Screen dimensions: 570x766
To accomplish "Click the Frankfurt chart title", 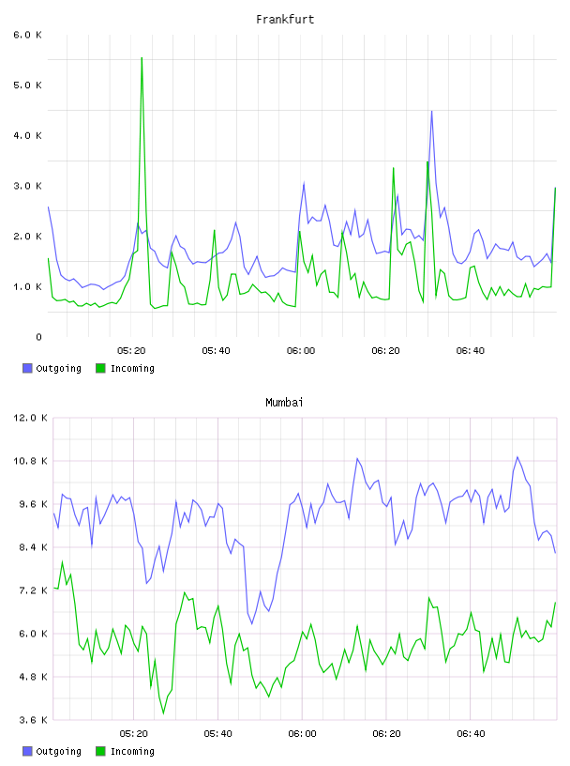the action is [x=285, y=20].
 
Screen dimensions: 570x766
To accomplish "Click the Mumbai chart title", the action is [x=284, y=403].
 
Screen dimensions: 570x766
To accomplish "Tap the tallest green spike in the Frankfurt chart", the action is [x=142, y=58].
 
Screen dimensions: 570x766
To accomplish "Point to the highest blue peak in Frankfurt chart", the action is [x=431, y=112].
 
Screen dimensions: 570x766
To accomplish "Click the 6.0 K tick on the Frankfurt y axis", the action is [x=27, y=35].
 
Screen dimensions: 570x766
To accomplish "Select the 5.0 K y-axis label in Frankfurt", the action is [x=27, y=85].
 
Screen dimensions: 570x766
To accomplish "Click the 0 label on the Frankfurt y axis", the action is [x=38, y=337].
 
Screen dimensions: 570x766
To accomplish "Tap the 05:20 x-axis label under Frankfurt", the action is [x=131, y=351].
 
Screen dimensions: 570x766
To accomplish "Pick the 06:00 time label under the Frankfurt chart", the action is [x=301, y=351].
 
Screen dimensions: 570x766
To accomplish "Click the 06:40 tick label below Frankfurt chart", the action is [x=471, y=351].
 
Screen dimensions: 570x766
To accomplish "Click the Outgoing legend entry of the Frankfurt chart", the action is [x=52, y=368].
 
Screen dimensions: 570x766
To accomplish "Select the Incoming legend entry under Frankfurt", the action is [x=125, y=368].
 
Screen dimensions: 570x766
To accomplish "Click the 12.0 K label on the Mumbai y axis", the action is [x=30, y=418].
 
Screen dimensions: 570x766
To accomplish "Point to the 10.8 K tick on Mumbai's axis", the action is [x=30, y=461].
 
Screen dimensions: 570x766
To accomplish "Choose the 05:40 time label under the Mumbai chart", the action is [x=217, y=734].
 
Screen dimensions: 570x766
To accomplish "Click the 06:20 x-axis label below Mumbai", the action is [x=386, y=734].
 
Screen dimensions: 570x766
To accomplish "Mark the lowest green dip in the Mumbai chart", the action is [x=163, y=713].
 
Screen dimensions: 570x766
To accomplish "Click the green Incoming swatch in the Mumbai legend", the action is [x=100, y=751].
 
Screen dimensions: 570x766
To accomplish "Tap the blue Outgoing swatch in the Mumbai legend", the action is [x=27, y=751].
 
